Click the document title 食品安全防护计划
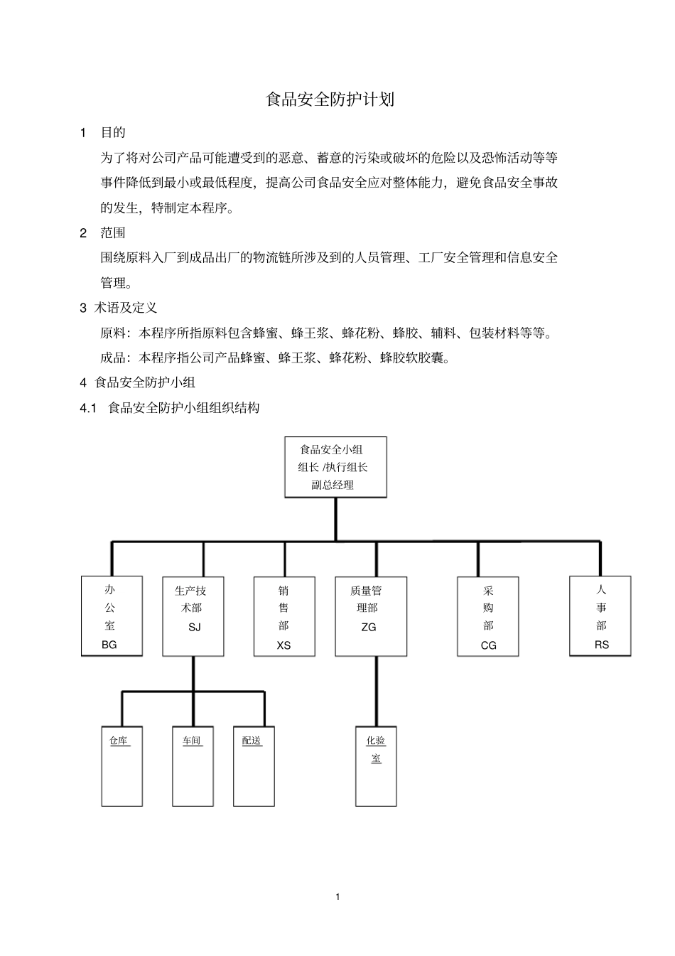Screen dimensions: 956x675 pos(330,100)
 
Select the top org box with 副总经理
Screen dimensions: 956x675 pos(335,467)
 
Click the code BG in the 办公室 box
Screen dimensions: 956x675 pos(109,645)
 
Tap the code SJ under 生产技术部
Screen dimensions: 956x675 pos(194,627)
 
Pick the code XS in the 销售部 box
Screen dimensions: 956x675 pos(283,645)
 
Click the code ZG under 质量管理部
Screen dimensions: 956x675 pos(368,627)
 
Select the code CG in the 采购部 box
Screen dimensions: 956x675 pos(488,645)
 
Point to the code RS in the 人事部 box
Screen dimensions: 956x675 pos(601,645)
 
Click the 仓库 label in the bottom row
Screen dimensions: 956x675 pos(119,741)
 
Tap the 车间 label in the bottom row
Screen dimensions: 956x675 pos(192,741)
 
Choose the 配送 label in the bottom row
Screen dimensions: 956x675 pos(252,741)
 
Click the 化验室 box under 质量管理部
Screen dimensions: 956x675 pos(376,766)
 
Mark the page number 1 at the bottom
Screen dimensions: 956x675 pos(337,896)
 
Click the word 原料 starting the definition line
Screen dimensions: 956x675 pos(112,333)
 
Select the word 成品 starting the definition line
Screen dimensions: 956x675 pos(112,358)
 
